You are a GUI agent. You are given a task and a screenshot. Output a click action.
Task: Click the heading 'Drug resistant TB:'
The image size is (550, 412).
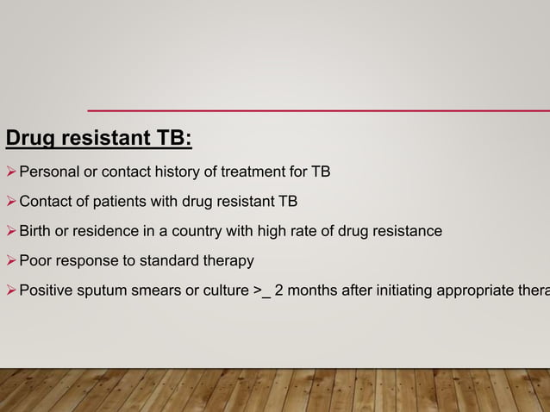(x=99, y=139)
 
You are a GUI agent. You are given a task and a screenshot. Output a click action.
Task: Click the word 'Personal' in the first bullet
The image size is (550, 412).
(x=48, y=172)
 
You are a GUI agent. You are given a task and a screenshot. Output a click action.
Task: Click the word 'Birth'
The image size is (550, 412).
(x=35, y=231)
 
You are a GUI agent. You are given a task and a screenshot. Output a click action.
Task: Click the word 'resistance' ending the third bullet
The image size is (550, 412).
(x=407, y=231)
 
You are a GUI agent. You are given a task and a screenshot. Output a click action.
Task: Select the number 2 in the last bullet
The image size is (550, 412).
(x=279, y=290)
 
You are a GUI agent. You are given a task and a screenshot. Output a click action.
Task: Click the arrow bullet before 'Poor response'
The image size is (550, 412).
(x=11, y=260)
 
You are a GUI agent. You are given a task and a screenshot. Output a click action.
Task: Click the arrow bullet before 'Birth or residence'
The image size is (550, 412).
(x=11, y=231)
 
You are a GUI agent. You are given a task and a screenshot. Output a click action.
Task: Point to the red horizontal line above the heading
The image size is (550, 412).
(x=318, y=110)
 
